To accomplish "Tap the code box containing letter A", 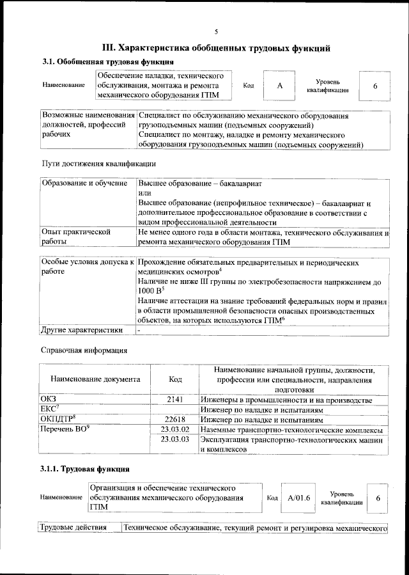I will (279, 86).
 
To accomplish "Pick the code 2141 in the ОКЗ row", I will (175, 399).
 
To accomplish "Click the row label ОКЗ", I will (49, 399).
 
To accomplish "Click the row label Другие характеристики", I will (81, 330).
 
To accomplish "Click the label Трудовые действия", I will (70, 528).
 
